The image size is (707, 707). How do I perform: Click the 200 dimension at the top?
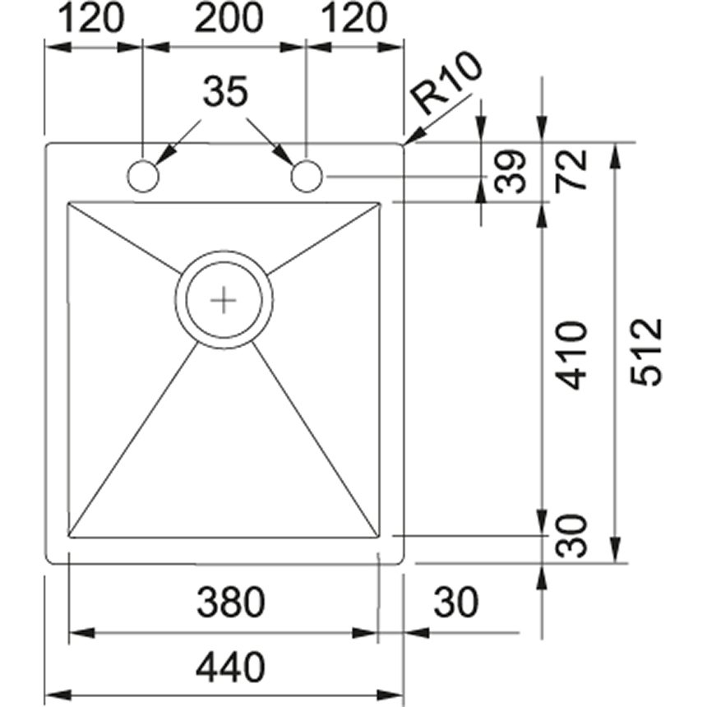pos(229,18)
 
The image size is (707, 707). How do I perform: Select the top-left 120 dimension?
pos(90,18)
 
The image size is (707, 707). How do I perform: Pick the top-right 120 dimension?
pos(354,18)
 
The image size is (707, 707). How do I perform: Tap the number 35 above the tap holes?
pos(225,91)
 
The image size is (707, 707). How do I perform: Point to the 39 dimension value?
pos(510,172)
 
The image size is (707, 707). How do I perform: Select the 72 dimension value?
pos(571,170)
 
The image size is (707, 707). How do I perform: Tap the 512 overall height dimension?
pos(645,353)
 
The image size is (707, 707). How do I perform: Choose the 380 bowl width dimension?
pos(231,602)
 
